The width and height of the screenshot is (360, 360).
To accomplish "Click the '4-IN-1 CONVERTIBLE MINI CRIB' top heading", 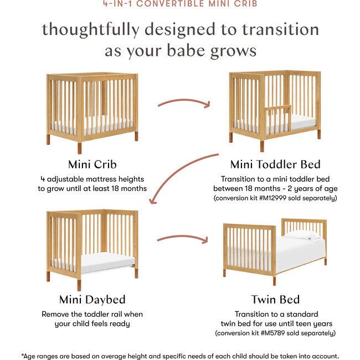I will tap(180, 3).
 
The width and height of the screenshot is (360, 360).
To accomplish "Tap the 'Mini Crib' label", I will tap(92, 164).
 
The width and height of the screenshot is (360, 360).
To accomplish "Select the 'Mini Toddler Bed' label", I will tap(275, 164).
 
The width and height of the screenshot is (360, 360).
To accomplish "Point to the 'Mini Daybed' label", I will tap(92, 299).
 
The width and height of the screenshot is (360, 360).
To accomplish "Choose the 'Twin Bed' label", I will tap(275, 299).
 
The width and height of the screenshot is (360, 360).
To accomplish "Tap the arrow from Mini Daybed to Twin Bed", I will tap(183, 239).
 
